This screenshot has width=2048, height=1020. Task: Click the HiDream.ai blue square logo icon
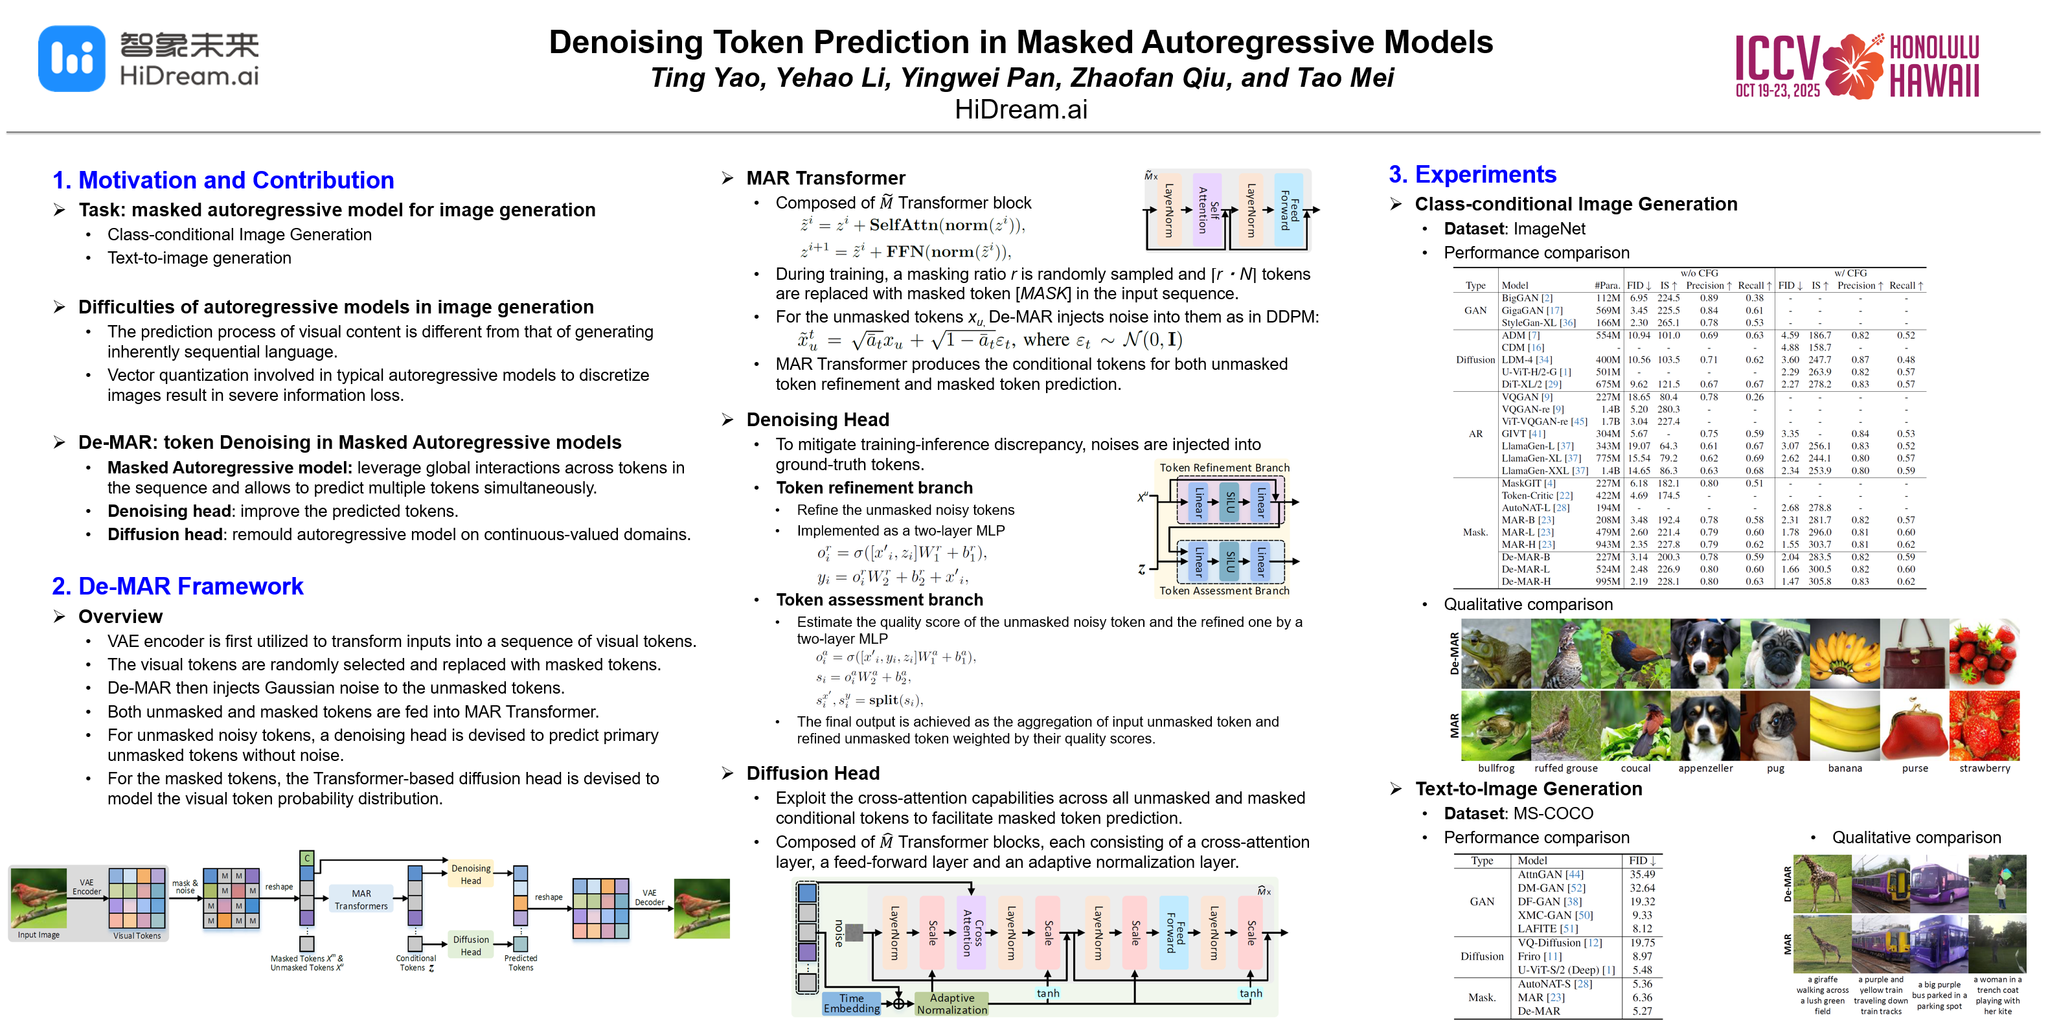71,59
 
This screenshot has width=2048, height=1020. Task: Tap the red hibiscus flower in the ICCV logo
1852,66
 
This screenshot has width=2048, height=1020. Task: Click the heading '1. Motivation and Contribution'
223,181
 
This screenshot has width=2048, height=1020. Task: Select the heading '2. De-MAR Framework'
177,586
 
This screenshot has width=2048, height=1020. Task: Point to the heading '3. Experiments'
1472,174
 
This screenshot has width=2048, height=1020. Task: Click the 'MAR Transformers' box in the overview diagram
361,899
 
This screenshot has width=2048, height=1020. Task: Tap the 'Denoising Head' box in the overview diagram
471,874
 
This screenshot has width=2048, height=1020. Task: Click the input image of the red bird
38,898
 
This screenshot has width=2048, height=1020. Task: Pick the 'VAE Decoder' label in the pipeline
649,898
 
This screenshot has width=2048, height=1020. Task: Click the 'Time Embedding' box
852,1003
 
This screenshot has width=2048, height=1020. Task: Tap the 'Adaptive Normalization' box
951,1003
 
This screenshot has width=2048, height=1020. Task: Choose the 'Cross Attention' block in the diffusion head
972,933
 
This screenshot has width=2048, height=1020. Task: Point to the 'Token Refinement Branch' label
1223,468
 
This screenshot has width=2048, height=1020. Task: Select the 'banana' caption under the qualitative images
1845,768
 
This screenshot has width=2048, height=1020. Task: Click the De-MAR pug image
1775,653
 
